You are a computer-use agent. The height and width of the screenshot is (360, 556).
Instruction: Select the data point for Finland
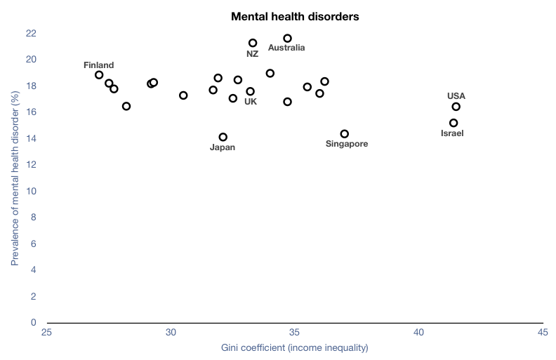coord(99,75)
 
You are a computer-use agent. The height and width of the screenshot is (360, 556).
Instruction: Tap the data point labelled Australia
coord(287,38)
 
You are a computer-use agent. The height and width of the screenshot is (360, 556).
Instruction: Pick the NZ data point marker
coord(253,43)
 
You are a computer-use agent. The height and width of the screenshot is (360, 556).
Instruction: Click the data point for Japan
coord(223,137)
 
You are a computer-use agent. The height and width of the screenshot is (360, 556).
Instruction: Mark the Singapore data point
coord(344,133)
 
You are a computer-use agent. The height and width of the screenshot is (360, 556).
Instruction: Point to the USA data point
coord(456,107)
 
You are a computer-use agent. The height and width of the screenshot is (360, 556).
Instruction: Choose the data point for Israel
coord(454,123)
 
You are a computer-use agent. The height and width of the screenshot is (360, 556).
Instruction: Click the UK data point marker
coord(250,91)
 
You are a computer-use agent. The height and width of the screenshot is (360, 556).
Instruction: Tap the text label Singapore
coord(347,144)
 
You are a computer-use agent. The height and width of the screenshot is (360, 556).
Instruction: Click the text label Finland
coord(98,65)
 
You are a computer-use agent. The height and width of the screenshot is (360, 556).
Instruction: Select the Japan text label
coord(223,147)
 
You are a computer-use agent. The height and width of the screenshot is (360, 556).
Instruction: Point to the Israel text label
coord(452,133)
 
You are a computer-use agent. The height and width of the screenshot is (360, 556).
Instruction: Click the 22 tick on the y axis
coord(31,33)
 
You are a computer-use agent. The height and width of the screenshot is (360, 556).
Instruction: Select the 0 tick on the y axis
coord(33,323)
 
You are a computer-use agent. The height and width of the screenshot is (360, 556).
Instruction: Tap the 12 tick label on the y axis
coord(31,165)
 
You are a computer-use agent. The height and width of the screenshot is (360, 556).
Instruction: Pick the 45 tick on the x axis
coord(542,333)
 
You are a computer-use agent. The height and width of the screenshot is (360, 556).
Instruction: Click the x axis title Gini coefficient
coord(295,347)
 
